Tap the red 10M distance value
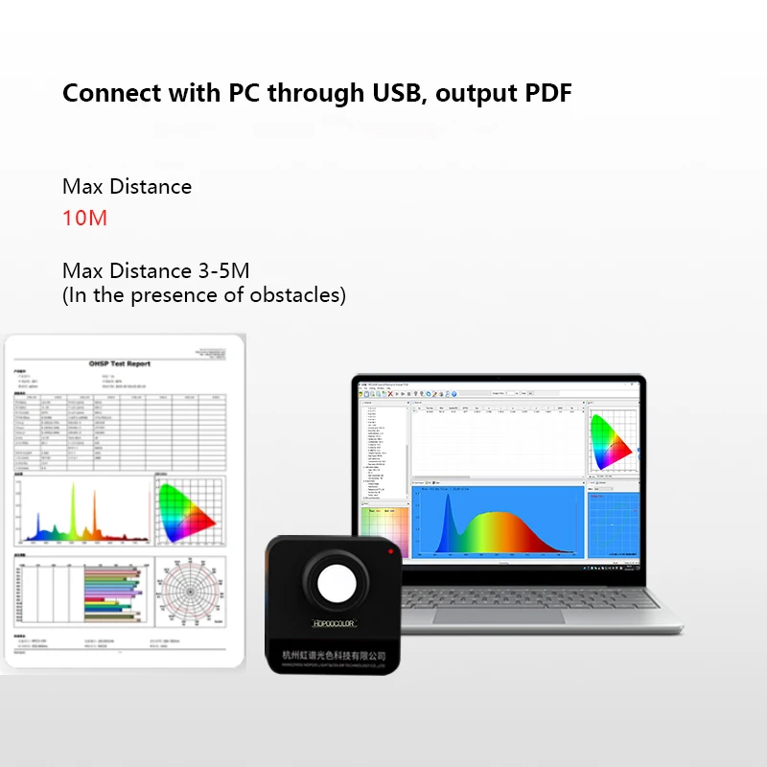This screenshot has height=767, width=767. [84, 218]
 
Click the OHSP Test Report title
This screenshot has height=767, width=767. [119, 363]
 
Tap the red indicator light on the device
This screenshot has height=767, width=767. [390, 553]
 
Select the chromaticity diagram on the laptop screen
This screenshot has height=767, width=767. [611, 440]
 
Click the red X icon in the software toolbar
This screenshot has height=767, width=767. [390, 393]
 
